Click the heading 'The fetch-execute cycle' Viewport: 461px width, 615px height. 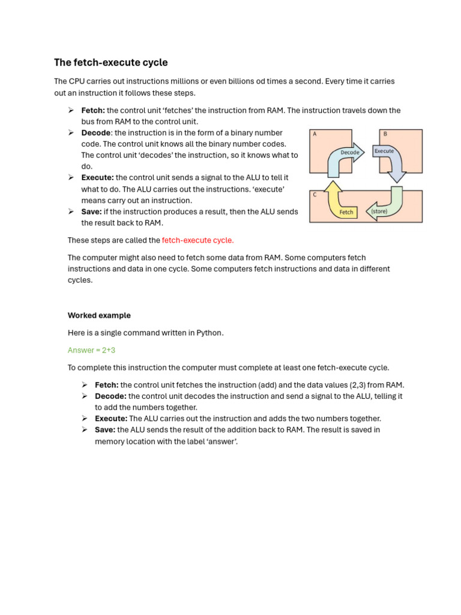click(x=110, y=62)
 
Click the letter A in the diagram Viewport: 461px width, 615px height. click(x=314, y=135)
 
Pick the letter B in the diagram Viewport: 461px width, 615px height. click(x=385, y=135)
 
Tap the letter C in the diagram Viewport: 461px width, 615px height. click(x=314, y=195)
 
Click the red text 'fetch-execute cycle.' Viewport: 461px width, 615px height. click(x=197, y=240)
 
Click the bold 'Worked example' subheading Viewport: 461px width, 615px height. click(x=98, y=315)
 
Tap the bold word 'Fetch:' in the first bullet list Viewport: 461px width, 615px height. click(x=93, y=111)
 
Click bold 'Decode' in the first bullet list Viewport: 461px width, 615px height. click(x=95, y=133)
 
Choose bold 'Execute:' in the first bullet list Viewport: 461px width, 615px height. click(x=97, y=178)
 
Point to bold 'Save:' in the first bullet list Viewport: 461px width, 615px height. click(x=92, y=212)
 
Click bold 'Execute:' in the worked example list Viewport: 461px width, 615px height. click(x=111, y=419)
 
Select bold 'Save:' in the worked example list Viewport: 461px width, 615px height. click(x=105, y=430)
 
